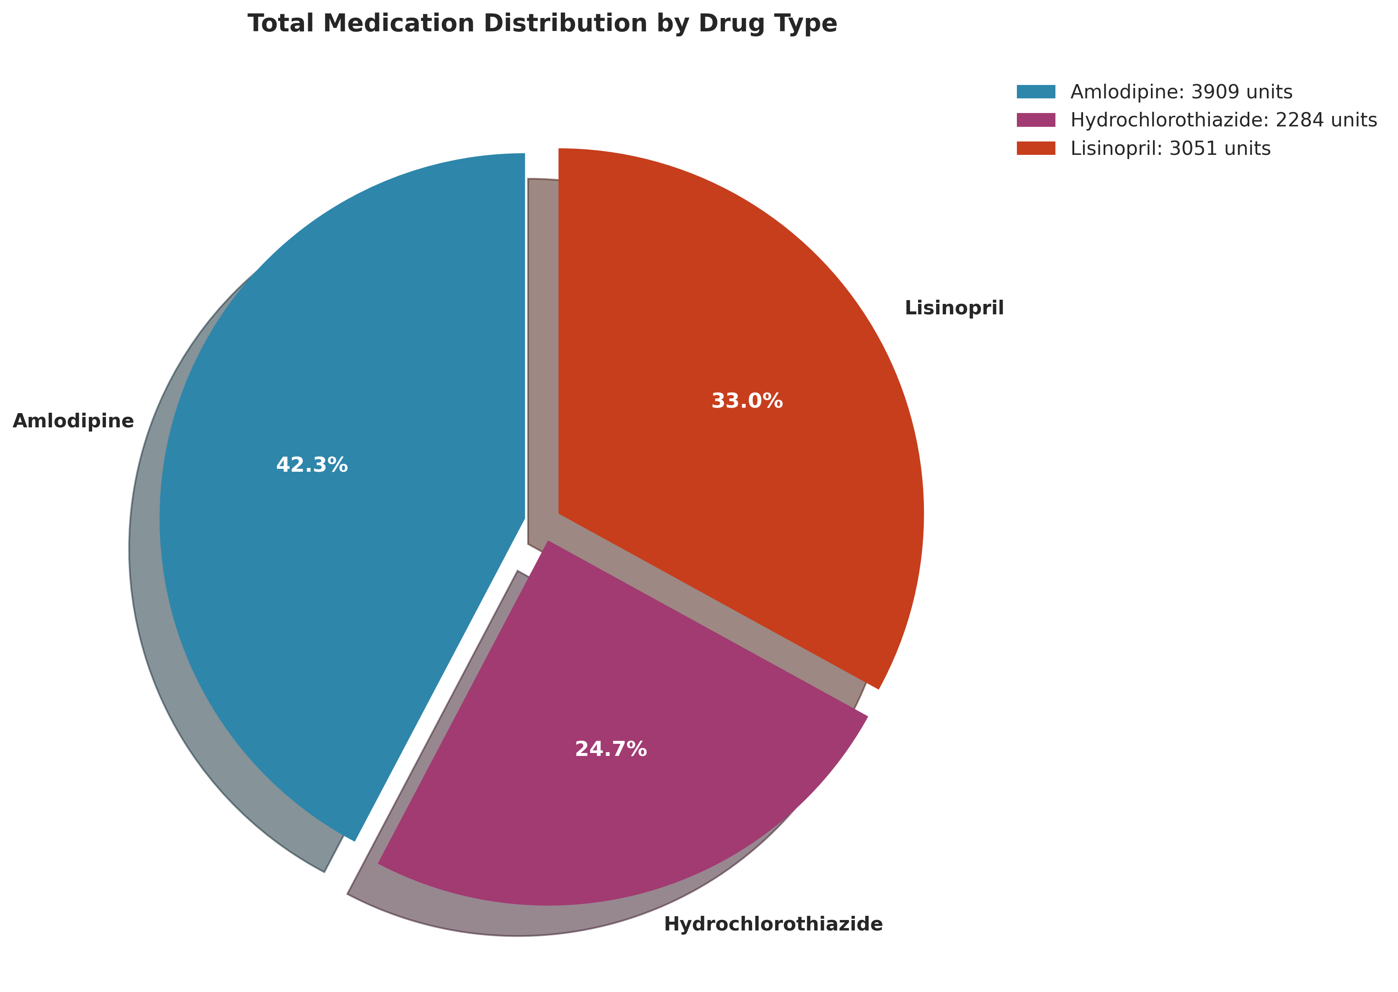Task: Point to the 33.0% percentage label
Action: (747, 401)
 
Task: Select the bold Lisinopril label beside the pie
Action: (954, 308)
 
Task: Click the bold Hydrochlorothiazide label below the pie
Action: (773, 924)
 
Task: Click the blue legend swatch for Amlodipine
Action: (1036, 92)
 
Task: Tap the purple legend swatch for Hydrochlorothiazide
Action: (1036, 120)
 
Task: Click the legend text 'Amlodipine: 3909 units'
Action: (1181, 92)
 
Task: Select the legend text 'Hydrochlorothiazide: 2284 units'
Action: (1223, 120)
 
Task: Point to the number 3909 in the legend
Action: (1207, 92)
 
